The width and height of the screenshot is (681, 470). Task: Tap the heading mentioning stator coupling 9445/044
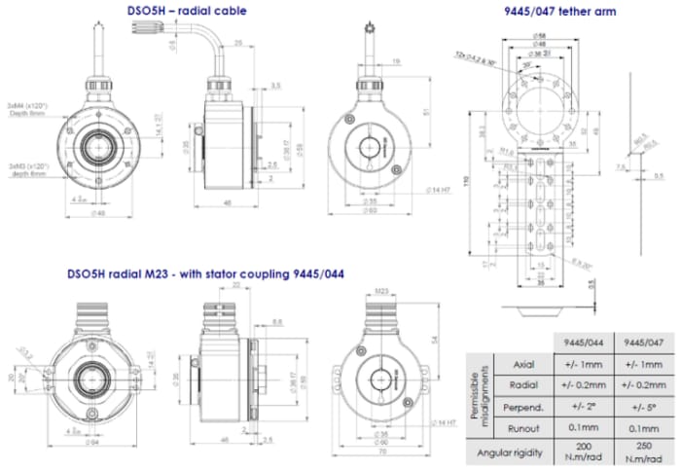click(x=205, y=273)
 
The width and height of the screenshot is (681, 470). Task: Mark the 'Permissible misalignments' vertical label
click(x=478, y=394)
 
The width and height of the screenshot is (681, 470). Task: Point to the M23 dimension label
click(x=381, y=289)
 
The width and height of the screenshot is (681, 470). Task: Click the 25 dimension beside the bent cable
click(x=239, y=44)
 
